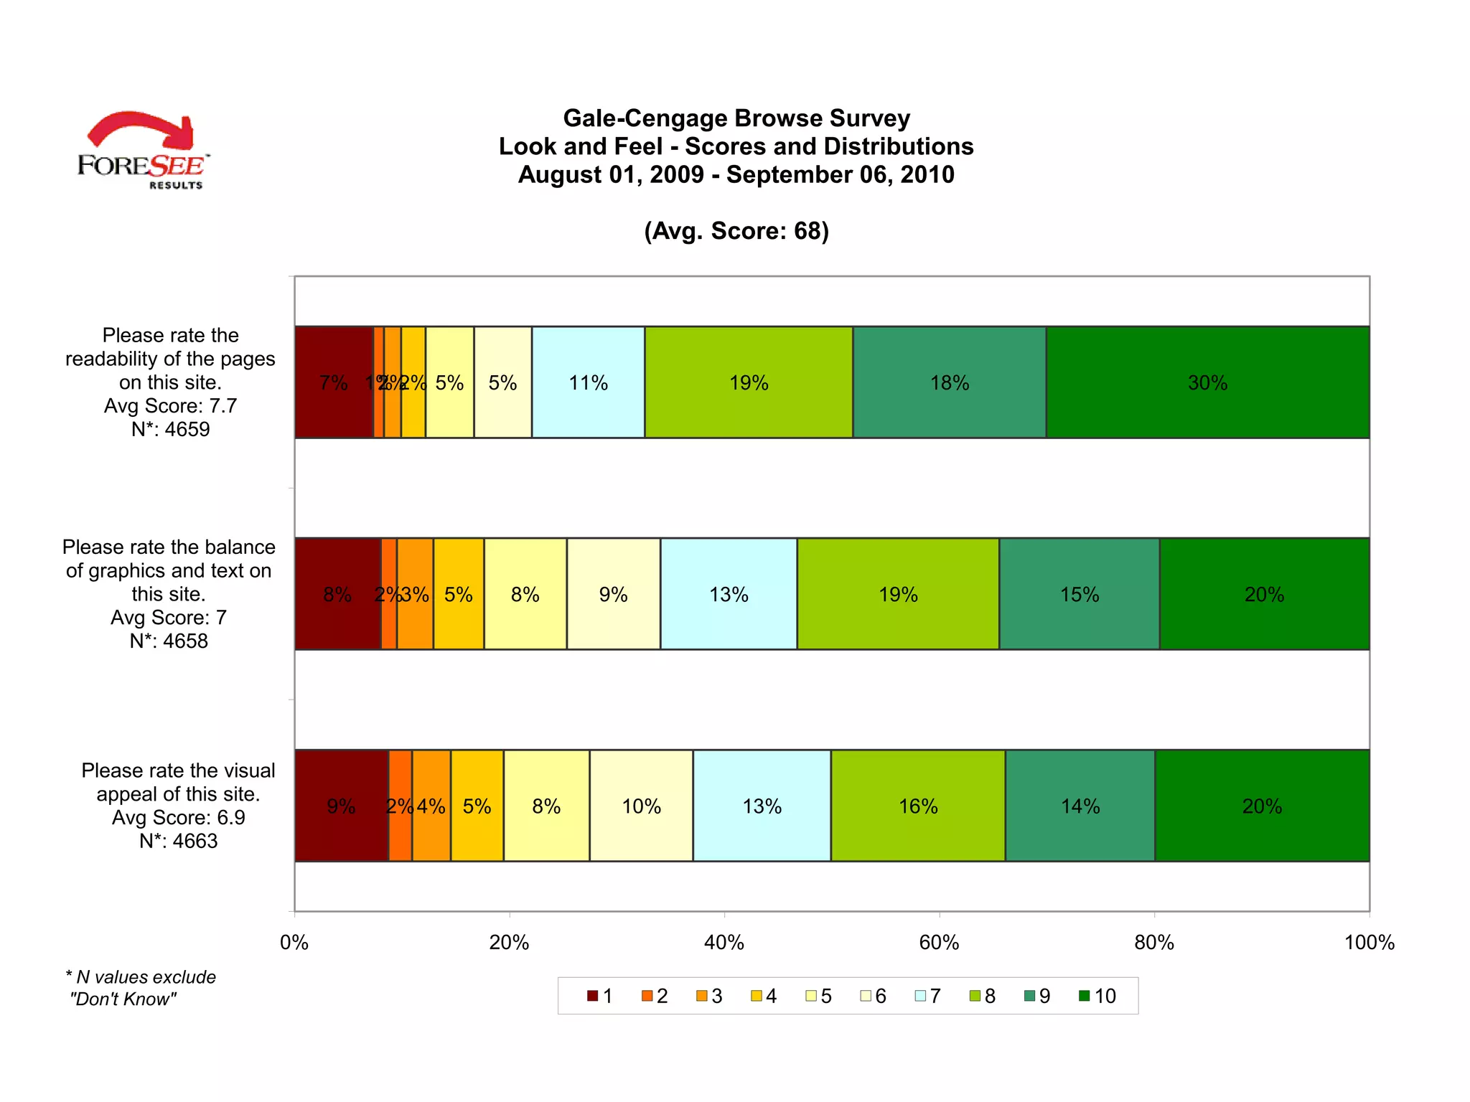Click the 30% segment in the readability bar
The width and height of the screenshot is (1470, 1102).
(x=1207, y=382)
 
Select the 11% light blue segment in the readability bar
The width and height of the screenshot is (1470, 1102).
(x=588, y=382)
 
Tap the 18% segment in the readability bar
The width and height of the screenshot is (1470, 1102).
(x=949, y=382)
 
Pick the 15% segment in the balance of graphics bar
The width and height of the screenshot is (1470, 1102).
(x=1079, y=594)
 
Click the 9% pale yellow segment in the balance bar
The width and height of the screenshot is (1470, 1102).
(x=613, y=594)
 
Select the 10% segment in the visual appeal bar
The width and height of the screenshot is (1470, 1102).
(x=641, y=806)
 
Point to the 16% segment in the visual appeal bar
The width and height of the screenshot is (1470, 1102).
(x=918, y=806)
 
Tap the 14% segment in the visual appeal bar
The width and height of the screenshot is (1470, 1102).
(x=1080, y=806)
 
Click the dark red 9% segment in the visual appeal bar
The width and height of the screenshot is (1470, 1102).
(x=341, y=806)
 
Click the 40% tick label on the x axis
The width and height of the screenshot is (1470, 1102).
(x=724, y=942)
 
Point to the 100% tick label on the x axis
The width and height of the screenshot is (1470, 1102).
(x=1369, y=942)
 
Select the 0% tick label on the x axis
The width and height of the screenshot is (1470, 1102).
(x=294, y=942)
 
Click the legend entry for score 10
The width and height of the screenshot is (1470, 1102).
(x=1098, y=996)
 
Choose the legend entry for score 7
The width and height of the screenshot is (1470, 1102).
(x=928, y=996)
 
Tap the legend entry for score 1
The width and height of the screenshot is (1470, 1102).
(x=600, y=996)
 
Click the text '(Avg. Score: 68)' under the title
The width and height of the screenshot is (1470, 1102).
(x=736, y=231)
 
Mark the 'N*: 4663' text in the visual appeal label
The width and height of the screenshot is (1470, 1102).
(x=178, y=841)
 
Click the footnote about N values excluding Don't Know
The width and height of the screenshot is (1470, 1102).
(x=140, y=988)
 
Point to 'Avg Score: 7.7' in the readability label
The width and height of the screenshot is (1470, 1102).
(x=170, y=406)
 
